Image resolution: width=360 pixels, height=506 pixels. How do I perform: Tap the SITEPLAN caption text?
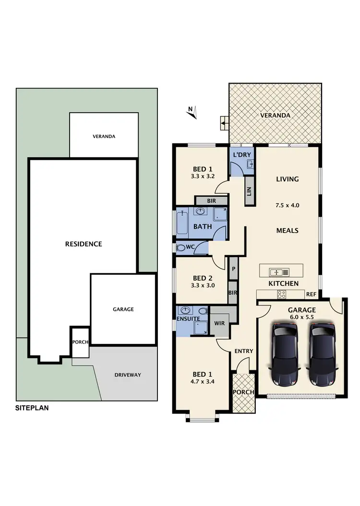pos(33,409)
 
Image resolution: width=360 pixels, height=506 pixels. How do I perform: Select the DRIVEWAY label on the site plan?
pos(128,375)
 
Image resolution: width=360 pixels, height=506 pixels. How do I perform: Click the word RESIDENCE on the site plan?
pos(84,244)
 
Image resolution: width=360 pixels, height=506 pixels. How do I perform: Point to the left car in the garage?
pos(284,354)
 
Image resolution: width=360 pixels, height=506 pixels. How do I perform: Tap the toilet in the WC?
pos(181,248)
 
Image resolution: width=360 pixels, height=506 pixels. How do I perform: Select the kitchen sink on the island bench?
pos(276,272)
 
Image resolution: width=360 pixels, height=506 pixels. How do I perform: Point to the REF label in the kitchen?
pos(311,295)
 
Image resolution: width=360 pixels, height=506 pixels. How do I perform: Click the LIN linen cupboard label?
pos(249,191)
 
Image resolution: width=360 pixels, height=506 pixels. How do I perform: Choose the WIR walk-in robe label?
pos(220,323)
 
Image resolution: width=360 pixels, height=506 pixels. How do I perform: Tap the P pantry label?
pos(233,269)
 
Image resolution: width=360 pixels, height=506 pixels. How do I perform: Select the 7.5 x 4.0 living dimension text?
pos(288,205)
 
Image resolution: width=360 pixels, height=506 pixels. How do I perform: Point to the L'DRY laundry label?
pos(240,155)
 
